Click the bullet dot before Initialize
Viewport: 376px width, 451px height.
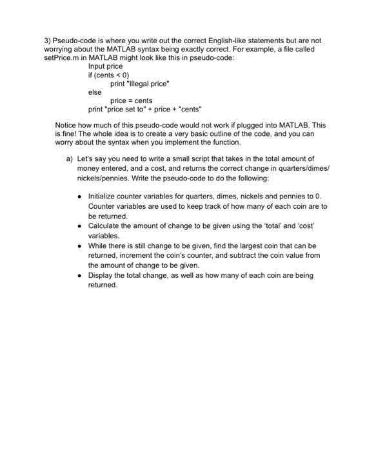[80, 196]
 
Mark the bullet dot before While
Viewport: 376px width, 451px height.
[80, 245]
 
